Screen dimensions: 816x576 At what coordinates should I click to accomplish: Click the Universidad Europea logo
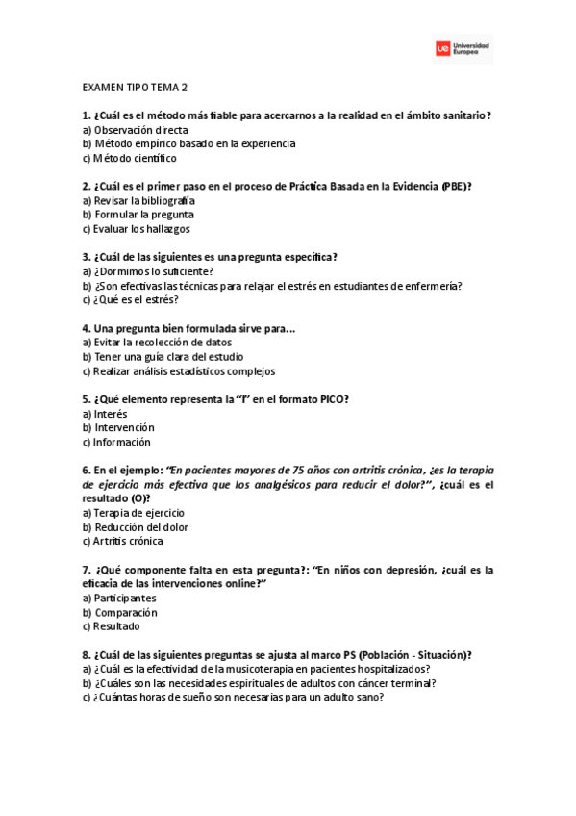[x=462, y=47]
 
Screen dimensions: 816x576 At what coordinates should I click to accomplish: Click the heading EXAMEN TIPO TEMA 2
[x=135, y=87]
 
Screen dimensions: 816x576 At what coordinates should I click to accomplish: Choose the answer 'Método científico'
[x=134, y=158]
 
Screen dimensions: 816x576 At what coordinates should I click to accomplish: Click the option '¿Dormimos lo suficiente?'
[x=147, y=271]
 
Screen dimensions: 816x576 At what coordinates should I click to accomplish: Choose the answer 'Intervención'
[x=123, y=427]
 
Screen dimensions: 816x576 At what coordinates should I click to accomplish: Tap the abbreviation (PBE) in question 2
[x=456, y=186]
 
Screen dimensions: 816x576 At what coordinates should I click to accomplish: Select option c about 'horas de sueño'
[x=238, y=698]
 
